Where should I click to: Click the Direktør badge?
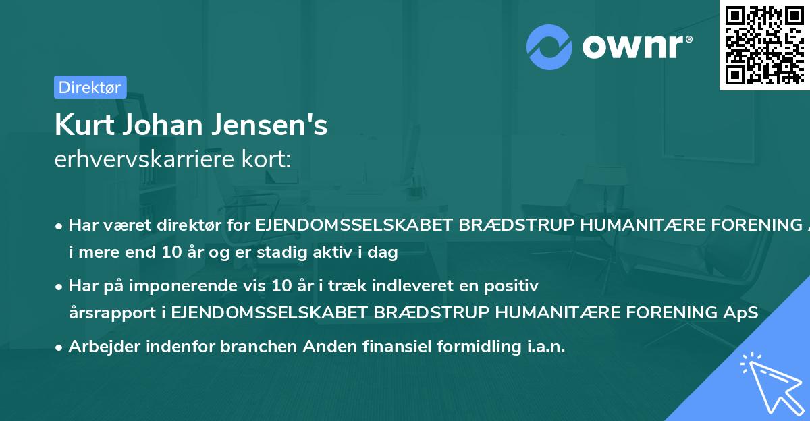tap(90, 86)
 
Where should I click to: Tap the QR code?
tap(763, 44)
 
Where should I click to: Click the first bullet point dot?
tap(60, 226)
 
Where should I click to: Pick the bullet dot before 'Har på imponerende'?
tap(60, 287)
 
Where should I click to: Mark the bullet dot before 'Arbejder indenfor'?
tap(60, 347)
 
